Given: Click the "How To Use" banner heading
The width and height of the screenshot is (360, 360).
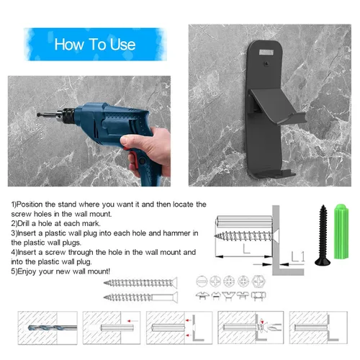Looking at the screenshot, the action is (95, 45).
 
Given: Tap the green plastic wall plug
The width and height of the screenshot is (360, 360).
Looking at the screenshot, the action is (341, 231).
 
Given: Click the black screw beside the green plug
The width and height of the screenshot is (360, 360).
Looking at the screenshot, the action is (323, 235).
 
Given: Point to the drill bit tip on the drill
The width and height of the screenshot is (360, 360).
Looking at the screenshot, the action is (38, 114).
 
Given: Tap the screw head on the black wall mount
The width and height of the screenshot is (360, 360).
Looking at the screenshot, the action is (266, 63).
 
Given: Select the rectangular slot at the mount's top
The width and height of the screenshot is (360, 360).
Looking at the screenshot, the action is (266, 53).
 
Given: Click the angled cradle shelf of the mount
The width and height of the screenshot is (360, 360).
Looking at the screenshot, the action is (276, 106).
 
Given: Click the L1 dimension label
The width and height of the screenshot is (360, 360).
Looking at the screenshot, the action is (298, 256).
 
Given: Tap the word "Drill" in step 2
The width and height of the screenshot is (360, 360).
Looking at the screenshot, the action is (24, 223).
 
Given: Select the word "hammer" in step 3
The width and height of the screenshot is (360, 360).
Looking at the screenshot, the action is (176, 233).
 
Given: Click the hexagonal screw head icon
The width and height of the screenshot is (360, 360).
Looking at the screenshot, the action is (258, 281).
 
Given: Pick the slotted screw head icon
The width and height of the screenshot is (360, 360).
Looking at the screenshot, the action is (202, 282).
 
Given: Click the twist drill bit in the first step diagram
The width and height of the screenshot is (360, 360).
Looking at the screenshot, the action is (53, 328).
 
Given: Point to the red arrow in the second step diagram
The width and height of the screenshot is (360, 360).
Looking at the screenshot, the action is (132, 320).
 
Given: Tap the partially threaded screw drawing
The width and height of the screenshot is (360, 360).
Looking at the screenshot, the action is (140, 297).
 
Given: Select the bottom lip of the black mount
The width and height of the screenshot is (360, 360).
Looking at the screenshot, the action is (274, 174).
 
